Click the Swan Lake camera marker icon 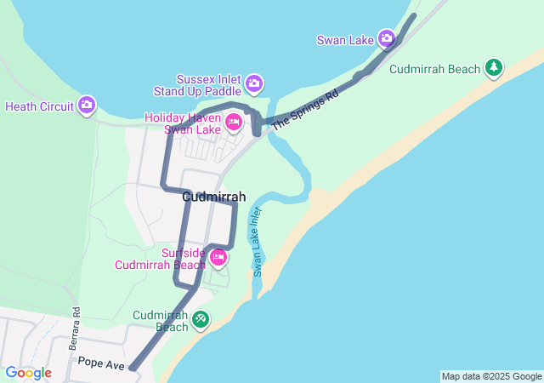(x=387, y=38)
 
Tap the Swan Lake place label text (x=345, y=40)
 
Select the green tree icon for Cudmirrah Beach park (x=493, y=66)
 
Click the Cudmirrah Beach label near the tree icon (x=436, y=69)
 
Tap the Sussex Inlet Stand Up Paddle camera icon (x=253, y=83)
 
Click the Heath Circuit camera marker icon (x=87, y=106)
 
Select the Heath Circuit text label (x=39, y=107)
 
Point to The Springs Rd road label (x=305, y=109)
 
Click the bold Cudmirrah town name (x=214, y=197)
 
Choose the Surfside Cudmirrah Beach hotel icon (x=218, y=256)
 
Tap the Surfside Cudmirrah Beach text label (x=161, y=259)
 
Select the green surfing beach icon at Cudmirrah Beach (x=201, y=320)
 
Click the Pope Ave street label (x=101, y=363)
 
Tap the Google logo (x=28, y=373)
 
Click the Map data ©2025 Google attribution (x=490, y=376)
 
